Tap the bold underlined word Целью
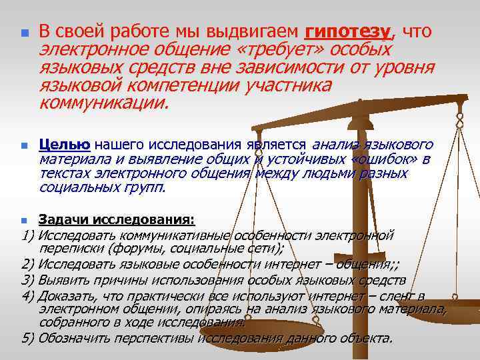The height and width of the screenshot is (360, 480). [65, 145]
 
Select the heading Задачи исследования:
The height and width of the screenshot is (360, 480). [117, 219]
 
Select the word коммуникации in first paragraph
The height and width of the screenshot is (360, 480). [103, 103]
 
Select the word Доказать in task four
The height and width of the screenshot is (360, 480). [65, 295]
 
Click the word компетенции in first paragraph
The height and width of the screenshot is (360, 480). [186, 86]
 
